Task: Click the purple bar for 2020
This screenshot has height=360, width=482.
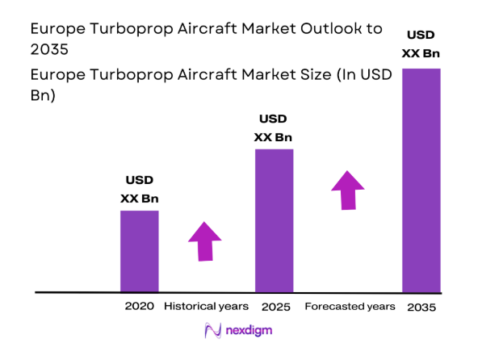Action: coord(140,250)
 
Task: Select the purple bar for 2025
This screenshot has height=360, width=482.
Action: coord(274,220)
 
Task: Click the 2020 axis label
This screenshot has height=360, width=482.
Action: coord(139,307)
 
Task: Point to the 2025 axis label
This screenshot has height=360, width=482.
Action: coord(275,307)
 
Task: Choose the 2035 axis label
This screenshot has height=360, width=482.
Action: coord(421,307)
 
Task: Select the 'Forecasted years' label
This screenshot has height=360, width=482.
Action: coord(350,307)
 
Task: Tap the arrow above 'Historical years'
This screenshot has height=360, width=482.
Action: coord(205,241)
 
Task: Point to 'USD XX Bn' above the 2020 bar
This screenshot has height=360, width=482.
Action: coord(139,189)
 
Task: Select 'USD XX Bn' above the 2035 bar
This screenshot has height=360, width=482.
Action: coord(421,45)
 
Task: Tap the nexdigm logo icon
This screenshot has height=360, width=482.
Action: coord(213,331)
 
